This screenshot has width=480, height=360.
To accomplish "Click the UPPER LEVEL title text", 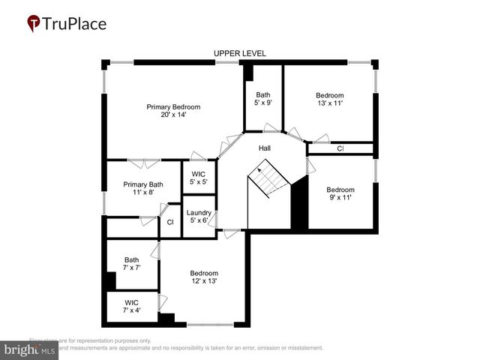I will (239, 53).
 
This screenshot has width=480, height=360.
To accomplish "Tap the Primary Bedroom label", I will (173, 107).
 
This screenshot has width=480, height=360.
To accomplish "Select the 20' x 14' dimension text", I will (173, 115).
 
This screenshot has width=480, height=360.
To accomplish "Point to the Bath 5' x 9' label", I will (262, 98).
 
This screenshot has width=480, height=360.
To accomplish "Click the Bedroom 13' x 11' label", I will (329, 99).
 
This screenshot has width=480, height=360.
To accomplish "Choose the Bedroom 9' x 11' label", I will (340, 193).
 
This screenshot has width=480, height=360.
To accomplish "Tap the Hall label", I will (265, 148).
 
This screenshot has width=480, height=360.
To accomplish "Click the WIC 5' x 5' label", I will (198, 178).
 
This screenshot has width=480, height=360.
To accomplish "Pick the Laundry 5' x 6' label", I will (199, 217).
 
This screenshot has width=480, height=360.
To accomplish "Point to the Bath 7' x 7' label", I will (131, 264).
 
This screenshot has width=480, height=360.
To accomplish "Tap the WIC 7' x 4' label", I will (131, 306).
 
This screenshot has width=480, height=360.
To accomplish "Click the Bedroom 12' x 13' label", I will (203, 277).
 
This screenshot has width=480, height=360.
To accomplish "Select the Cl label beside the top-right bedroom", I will (340, 148).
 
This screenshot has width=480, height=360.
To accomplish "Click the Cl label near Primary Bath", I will (170, 222).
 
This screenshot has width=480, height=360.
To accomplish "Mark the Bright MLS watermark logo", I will (30, 349).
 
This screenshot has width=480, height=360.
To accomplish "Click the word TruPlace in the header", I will (75, 24).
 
